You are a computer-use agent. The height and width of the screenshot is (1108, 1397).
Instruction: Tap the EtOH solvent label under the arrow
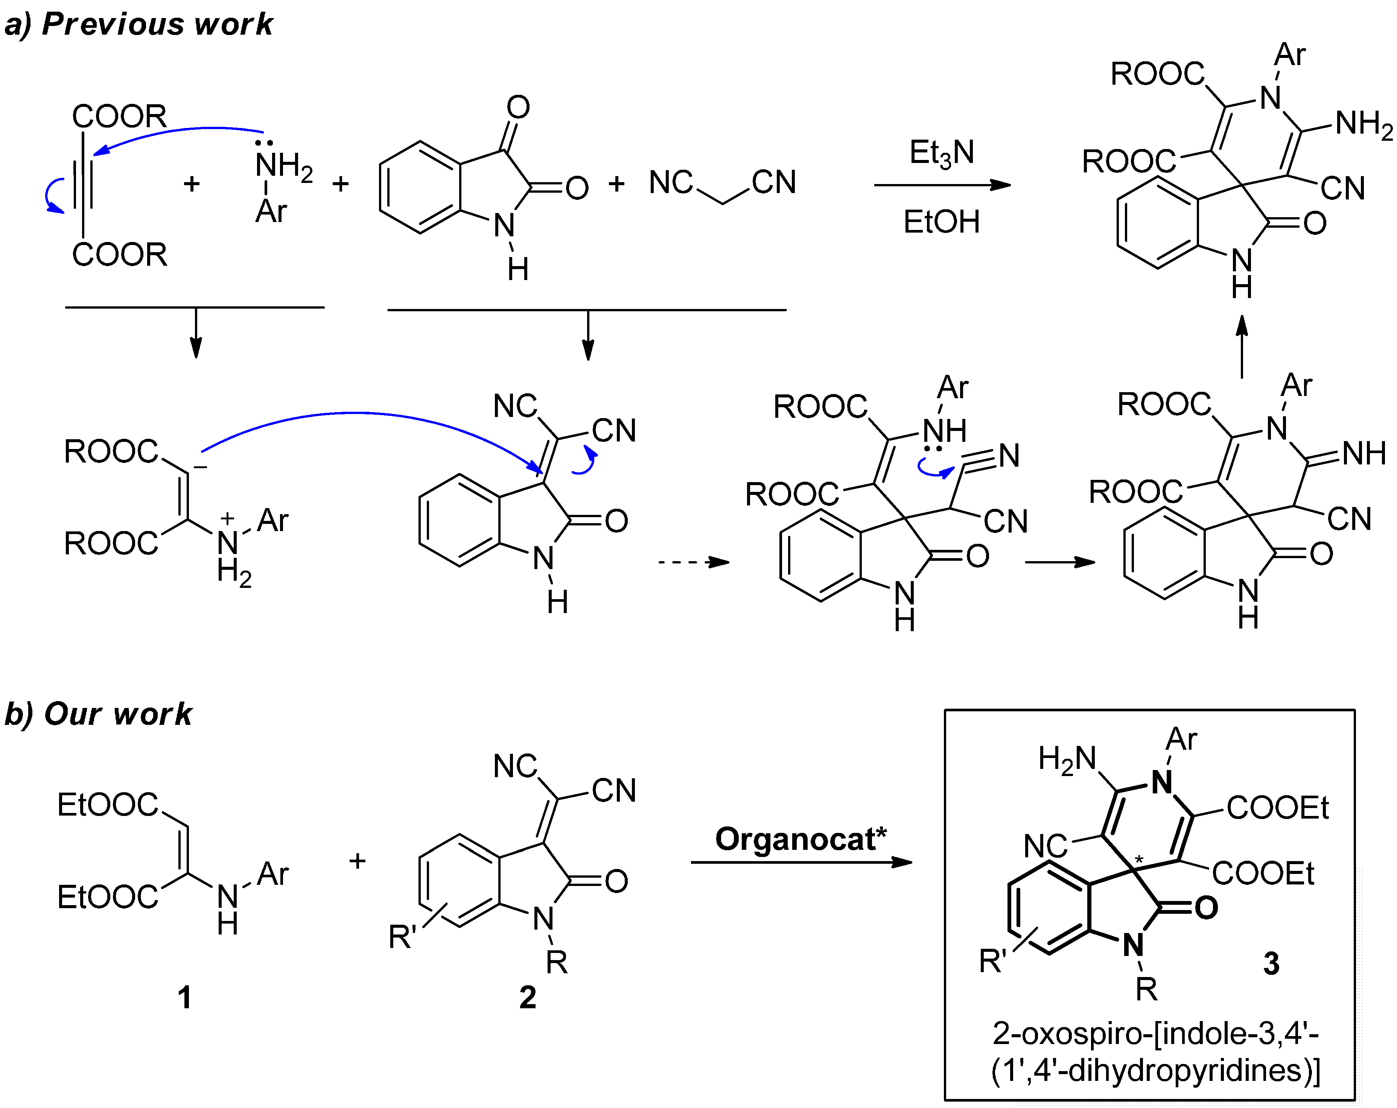942,222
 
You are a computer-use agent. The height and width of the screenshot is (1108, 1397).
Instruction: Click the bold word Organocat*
800,839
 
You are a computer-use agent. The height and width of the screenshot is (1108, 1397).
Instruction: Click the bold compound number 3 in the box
1271,963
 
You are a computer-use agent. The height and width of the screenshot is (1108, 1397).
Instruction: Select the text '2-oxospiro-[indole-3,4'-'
1155,1033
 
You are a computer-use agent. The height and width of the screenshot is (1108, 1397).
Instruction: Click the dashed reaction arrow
693,562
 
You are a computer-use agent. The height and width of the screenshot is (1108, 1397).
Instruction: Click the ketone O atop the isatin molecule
518,107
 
